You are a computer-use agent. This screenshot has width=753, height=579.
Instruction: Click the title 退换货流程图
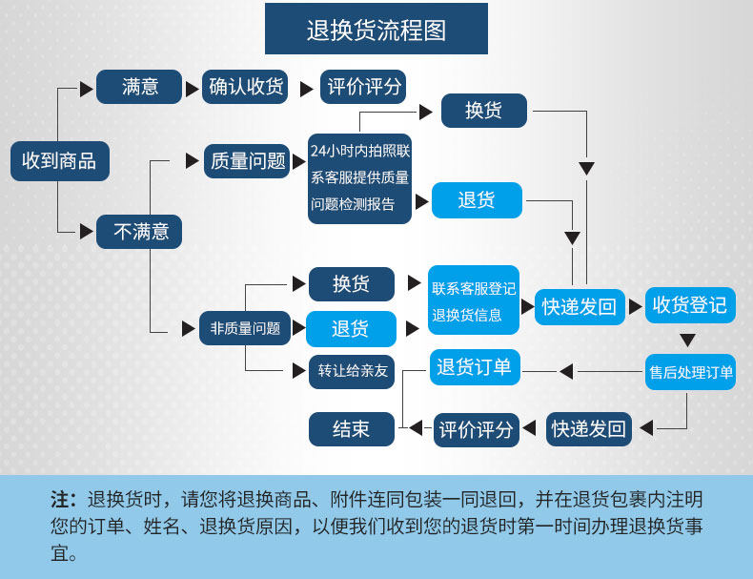tap(376, 30)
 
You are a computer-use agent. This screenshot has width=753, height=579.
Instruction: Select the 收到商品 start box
tap(59, 160)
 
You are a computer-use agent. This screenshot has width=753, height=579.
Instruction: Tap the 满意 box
tap(140, 87)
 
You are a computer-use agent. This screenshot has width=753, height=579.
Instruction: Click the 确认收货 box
tap(247, 87)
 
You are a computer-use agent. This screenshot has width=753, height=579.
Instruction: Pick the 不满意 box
tap(140, 231)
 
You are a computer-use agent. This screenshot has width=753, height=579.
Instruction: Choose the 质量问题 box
tap(249, 160)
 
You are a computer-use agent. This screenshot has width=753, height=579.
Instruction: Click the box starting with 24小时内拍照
tap(359, 177)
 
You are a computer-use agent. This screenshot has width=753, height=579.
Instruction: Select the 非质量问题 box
tap(245, 328)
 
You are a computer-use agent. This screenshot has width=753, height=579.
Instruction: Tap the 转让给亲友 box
tap(353, 371)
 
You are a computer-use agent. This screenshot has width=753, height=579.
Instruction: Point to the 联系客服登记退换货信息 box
tap(474, 300)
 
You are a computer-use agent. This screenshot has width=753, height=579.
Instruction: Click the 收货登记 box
tap(689, 305)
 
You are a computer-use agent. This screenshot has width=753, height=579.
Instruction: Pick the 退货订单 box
tap(474, 367)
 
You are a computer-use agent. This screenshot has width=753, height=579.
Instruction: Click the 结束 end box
tap(351, 429)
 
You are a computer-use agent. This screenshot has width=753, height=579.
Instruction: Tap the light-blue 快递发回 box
tap(580, 306)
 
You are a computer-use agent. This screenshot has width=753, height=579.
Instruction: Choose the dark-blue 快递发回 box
tap(589, 429)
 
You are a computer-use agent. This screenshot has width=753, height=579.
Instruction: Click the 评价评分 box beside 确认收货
tap(364, 87)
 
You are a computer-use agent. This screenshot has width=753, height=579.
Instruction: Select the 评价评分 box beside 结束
tap(476, 429)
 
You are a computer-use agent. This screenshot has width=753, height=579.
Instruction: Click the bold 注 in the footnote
tap(60, 500)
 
